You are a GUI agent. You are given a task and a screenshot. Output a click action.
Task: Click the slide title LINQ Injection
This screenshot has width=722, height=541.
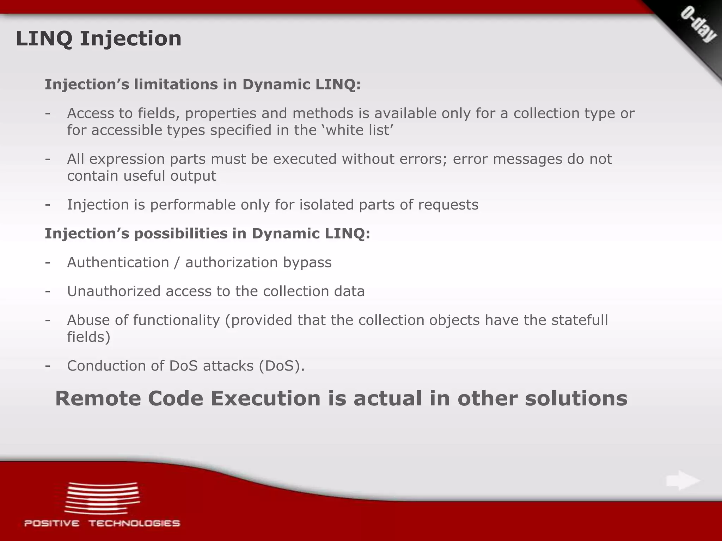[x=98, y=38]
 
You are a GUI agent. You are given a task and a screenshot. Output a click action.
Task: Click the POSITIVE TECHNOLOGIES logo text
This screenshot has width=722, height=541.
[x=102, y=523]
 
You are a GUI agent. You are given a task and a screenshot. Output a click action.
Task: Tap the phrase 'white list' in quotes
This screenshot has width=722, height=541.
[x=357, y=130]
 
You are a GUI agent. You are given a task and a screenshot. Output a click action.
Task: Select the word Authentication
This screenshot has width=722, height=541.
[x=118, y=262]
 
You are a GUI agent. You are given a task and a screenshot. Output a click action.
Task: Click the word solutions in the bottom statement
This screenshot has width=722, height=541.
[x=576, y=398]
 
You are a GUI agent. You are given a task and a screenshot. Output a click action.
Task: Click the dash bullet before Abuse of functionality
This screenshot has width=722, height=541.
[x=48, y=320]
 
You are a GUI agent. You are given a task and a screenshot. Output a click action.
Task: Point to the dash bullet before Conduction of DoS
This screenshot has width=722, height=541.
[x=48, y=366]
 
